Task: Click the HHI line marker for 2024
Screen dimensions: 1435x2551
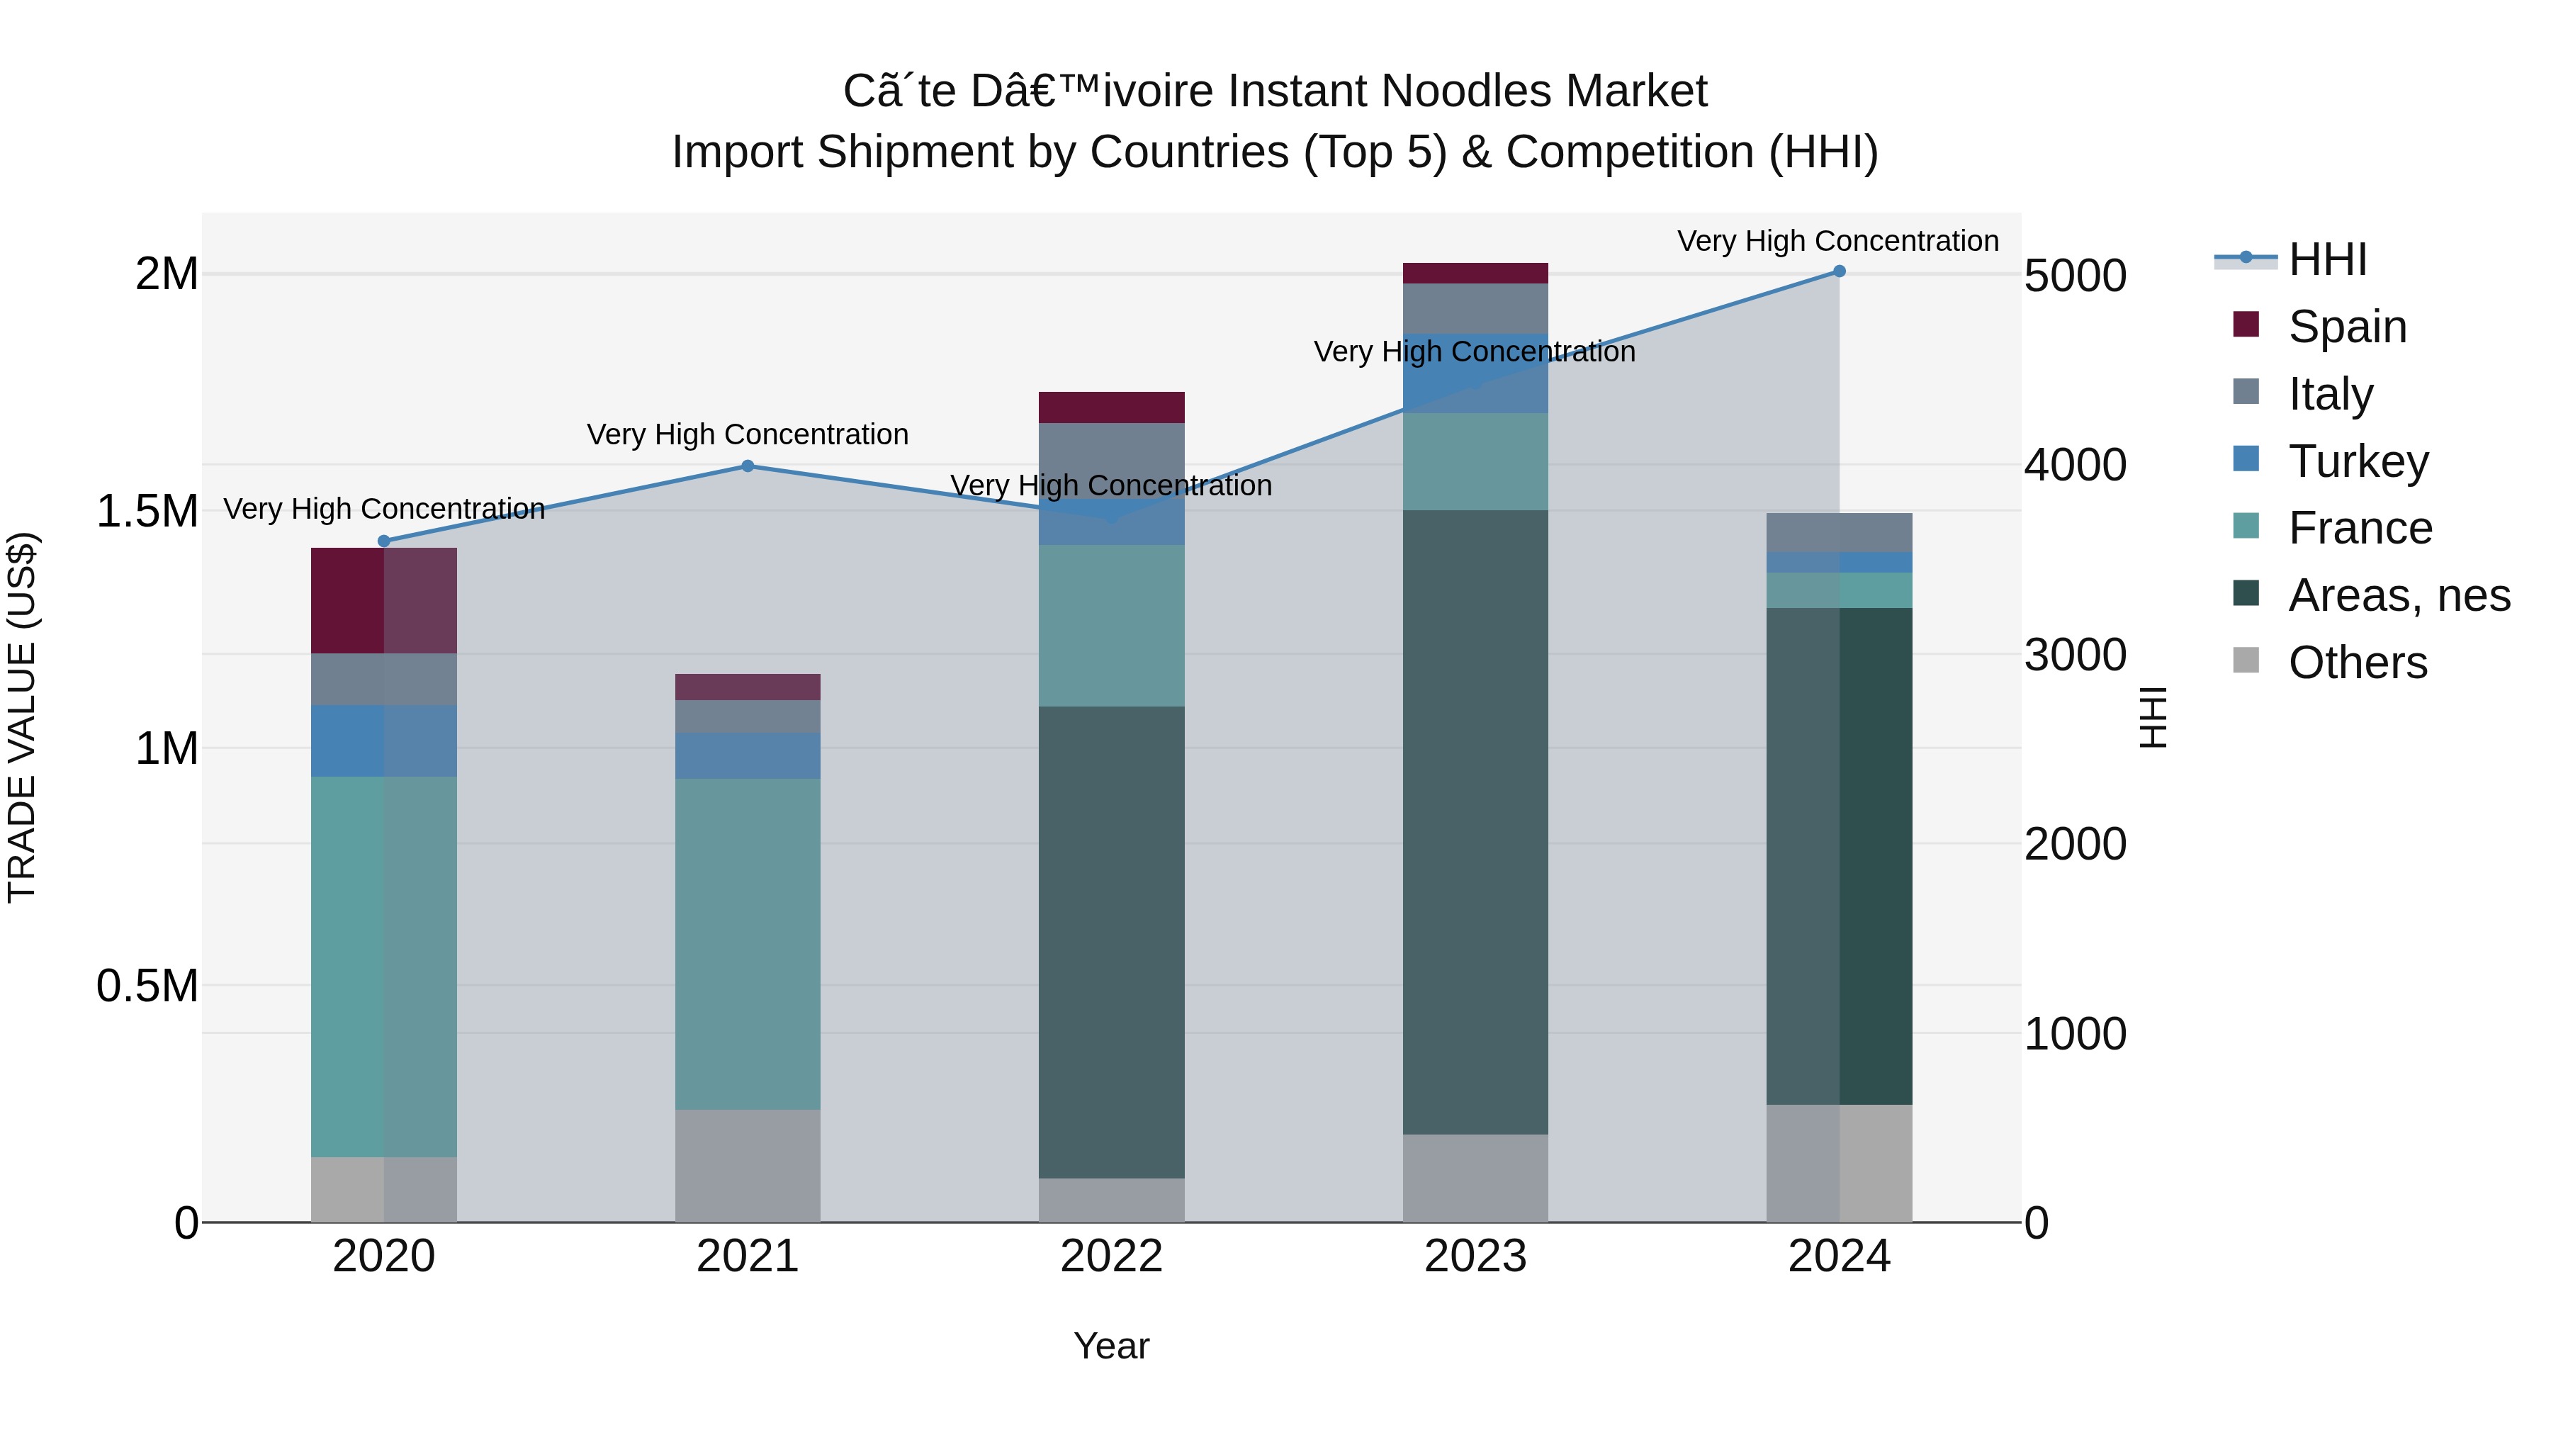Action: click(1839, 271)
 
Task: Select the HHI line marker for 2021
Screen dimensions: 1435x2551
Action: click(748, 466)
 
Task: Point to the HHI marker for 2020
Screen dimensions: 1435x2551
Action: click(384, 541)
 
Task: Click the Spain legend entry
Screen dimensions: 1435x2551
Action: click(2346, 327)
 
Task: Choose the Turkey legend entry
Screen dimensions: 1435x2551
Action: click(2357, 461)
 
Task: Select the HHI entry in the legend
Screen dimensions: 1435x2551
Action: click(2327, 259)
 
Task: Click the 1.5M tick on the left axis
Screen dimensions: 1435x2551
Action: click(147, 512)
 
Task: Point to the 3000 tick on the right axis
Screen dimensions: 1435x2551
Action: click(2075, 655)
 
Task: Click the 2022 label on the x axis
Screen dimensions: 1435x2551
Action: click(1111, 1256)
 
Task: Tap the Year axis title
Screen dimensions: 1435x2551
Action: click(1111, 1346)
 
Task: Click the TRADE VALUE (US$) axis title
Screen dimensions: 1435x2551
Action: click(23, 717)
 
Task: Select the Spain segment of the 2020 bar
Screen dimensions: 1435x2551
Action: click(384, 600)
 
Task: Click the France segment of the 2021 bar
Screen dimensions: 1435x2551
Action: click(748, 944)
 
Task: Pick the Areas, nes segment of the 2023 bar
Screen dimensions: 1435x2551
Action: click(1475, 822)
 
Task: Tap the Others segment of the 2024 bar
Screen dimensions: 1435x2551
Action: click(1839, 1163)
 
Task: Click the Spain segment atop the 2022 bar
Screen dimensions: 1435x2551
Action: click(1111, 407)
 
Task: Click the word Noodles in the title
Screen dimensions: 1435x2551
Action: click(1447, 91)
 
